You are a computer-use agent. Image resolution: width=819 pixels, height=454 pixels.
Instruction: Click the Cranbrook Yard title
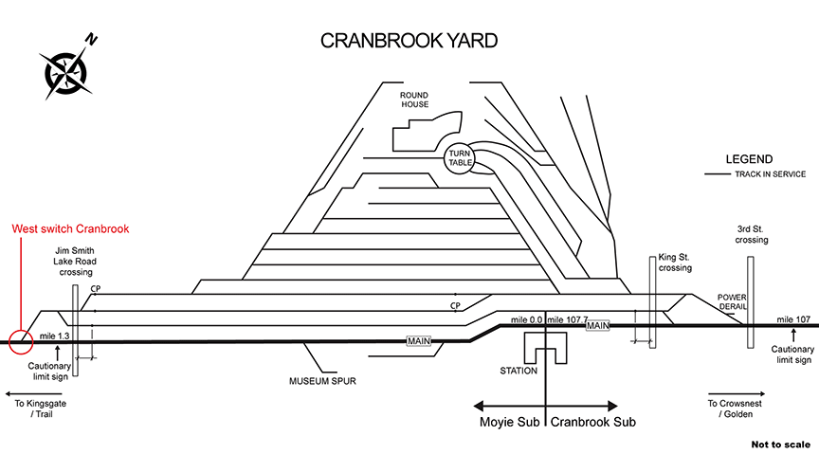coord(409,41)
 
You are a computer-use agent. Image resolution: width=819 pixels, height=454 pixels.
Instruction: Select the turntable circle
coord(460,158)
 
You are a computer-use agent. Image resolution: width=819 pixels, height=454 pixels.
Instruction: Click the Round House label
coord(414,100)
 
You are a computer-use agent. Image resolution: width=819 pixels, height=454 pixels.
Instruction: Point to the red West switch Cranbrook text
coord(70,229)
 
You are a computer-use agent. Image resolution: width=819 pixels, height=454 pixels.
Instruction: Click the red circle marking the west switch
coord(21,340)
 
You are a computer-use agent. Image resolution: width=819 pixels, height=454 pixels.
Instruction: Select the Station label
coord(519,371)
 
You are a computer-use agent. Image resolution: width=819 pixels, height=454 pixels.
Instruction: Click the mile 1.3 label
coord(55,336)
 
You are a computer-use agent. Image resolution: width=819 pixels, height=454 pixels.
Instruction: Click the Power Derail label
coord(733,300)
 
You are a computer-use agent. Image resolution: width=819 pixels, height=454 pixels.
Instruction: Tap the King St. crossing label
coord(676,263)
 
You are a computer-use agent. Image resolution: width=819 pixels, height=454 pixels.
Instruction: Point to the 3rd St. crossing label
coord(752,234)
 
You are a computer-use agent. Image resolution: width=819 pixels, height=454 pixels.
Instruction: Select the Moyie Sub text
coord(508,421)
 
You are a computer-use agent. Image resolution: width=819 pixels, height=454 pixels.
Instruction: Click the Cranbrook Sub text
coord(593,421)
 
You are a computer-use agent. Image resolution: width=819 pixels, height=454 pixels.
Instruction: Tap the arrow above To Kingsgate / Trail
coord(33,392)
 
